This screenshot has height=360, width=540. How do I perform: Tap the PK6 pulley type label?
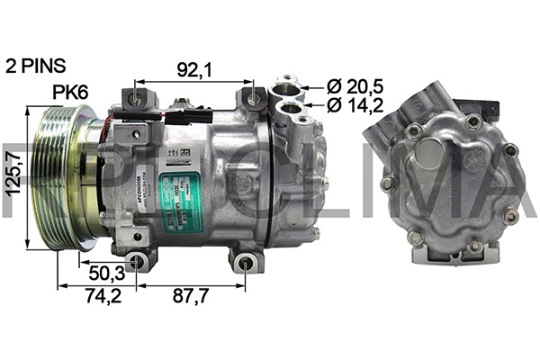click(x=70, y=91)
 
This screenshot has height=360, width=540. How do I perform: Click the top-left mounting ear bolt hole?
click(x=137, y=95)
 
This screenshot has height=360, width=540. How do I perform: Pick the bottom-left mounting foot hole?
click(x=139, y=262)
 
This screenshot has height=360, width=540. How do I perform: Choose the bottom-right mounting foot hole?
click(x=246, y=264)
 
